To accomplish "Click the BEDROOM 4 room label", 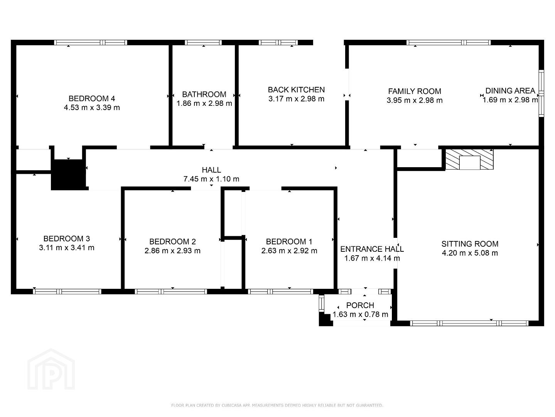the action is tap(92, 98).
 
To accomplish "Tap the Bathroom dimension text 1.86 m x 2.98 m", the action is tap(204, 103).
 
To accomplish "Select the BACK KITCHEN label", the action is tap(296, 90).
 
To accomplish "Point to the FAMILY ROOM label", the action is tap(414, 91).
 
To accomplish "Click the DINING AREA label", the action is tap(510, 91).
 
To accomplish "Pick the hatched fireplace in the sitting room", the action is tap(469, 159).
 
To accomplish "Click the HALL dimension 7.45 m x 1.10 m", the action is tap(211, 179).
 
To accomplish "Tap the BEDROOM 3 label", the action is tap(66, 239).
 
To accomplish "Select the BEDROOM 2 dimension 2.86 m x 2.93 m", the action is tap(172, 251).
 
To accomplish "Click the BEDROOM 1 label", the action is tap(289, 242).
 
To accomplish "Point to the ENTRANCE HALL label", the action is tap(372, 249).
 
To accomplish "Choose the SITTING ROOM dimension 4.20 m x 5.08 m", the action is tap(470, 253).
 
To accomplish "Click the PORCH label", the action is tap(360, 305).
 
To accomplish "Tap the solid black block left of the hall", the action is tap(69, 175).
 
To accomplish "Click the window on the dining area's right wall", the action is tap(541, 93).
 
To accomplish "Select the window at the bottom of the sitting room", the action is tap(469, 323).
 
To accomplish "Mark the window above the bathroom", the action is tap(203, 42).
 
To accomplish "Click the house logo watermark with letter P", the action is tap(51, 369).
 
